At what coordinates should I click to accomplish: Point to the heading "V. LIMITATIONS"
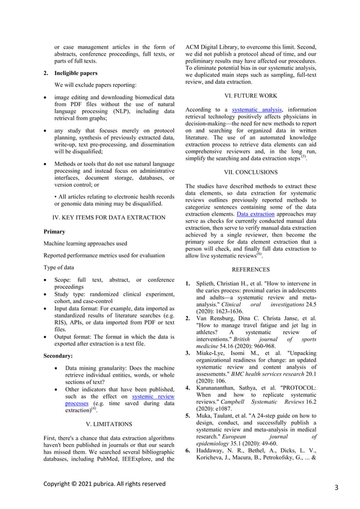coord(108,424)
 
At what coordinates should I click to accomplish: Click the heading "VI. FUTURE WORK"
coord(250,96)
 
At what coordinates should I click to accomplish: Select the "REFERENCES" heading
coord(251,270)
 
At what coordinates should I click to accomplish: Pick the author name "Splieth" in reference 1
coord(207,283)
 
